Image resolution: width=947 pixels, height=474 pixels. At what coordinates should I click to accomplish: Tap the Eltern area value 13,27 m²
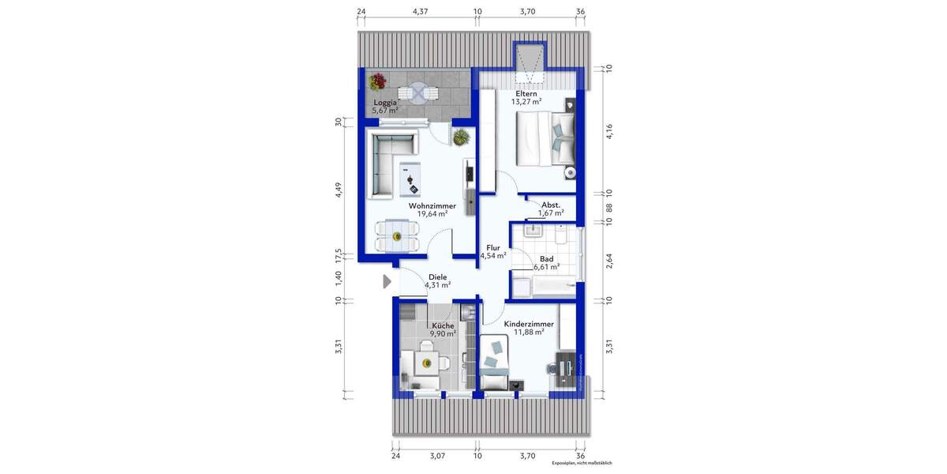click(x=526, y=102)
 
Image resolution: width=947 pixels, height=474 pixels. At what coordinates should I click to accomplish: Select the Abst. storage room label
click(x=550, y=204)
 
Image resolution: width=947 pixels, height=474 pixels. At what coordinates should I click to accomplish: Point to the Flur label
click(x=493, y=246)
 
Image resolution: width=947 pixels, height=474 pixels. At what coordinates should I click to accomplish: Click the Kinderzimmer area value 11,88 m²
click(x=528, y=333)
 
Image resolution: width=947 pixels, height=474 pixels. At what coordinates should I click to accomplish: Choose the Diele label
click(x=437, y=276)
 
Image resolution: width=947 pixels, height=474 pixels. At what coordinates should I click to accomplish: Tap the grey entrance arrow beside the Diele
click(x=387, y=281)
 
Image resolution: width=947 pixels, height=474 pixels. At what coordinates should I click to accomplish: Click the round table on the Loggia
click(x=417, y=92)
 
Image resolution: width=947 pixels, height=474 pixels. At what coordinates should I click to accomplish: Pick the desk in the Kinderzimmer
click(x=566, y=366)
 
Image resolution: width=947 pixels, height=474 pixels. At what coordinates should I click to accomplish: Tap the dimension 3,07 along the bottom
click(x=436, y=455)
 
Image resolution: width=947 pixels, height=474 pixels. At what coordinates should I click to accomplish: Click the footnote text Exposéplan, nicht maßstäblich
click(x=582, y=463)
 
